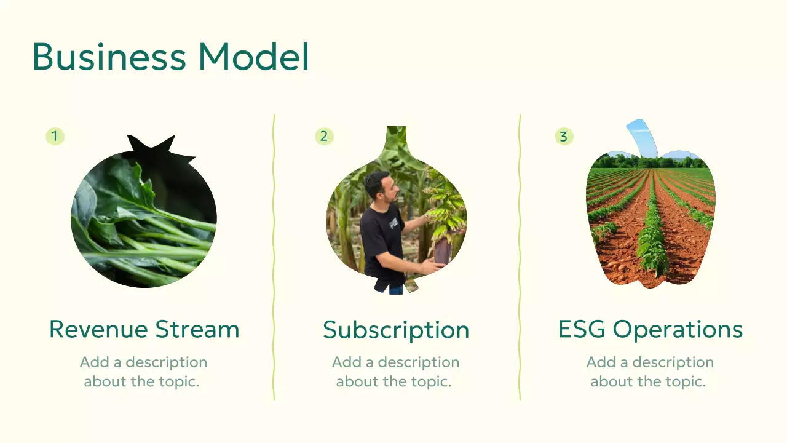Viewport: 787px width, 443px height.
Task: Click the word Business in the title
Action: point(108,57)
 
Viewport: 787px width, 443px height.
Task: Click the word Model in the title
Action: point(253,57)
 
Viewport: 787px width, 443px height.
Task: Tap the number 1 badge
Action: point(55,136)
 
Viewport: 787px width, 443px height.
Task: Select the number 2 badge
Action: point(324,136)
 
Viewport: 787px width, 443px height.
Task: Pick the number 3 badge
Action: point(564,136)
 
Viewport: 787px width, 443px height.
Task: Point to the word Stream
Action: point(197,329)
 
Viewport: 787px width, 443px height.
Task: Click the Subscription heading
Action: point(396,330)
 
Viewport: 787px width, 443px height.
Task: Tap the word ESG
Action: point(582,329)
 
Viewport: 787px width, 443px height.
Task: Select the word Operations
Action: point(678,330)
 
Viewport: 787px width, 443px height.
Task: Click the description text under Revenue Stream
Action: point(143,372)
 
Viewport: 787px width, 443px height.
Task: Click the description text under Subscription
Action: point(395,372)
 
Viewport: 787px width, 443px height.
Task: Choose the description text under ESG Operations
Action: point(649,372)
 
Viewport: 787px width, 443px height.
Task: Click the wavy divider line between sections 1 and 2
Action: point(274,258)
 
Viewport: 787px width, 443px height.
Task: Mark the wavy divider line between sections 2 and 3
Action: point(520,258)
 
